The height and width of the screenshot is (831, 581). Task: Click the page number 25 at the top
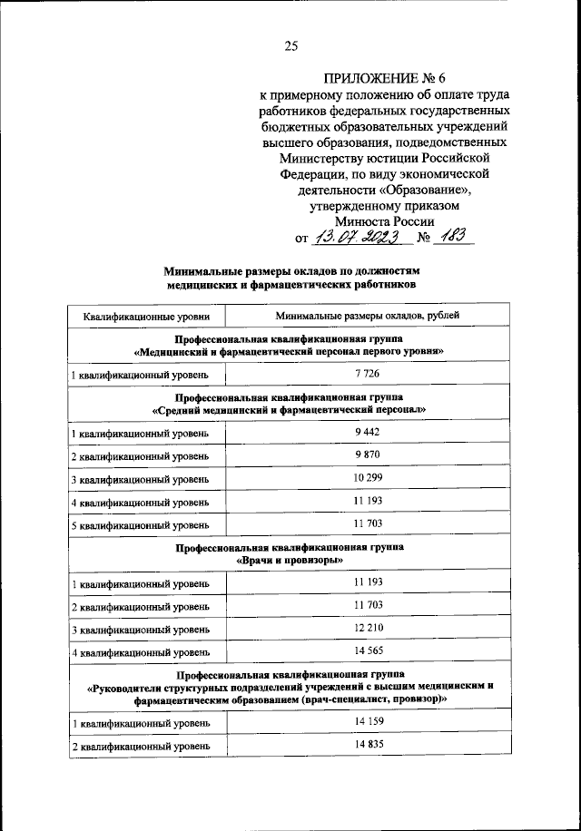coord(290,46)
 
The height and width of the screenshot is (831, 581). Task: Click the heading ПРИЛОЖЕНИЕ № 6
coord(382,78)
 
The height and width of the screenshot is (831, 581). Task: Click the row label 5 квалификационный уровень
coord(141,525)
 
